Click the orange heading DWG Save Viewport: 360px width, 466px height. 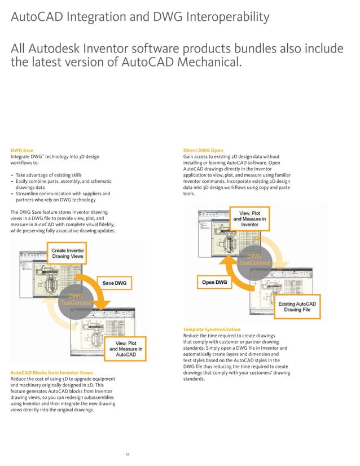point(22,151)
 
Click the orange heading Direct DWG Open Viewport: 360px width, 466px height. point(203,151)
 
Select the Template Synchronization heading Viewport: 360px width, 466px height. point(212,329)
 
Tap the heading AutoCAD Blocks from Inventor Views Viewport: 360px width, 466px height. point(52,373)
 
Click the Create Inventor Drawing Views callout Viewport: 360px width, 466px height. point(68,253)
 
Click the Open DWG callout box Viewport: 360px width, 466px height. point(214,282)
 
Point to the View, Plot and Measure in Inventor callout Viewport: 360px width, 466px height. point(250,218)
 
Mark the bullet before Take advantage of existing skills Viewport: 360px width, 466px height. point(12,175)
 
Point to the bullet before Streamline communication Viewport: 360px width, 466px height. point(12,194)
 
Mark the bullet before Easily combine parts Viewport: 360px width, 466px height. point(12,182)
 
